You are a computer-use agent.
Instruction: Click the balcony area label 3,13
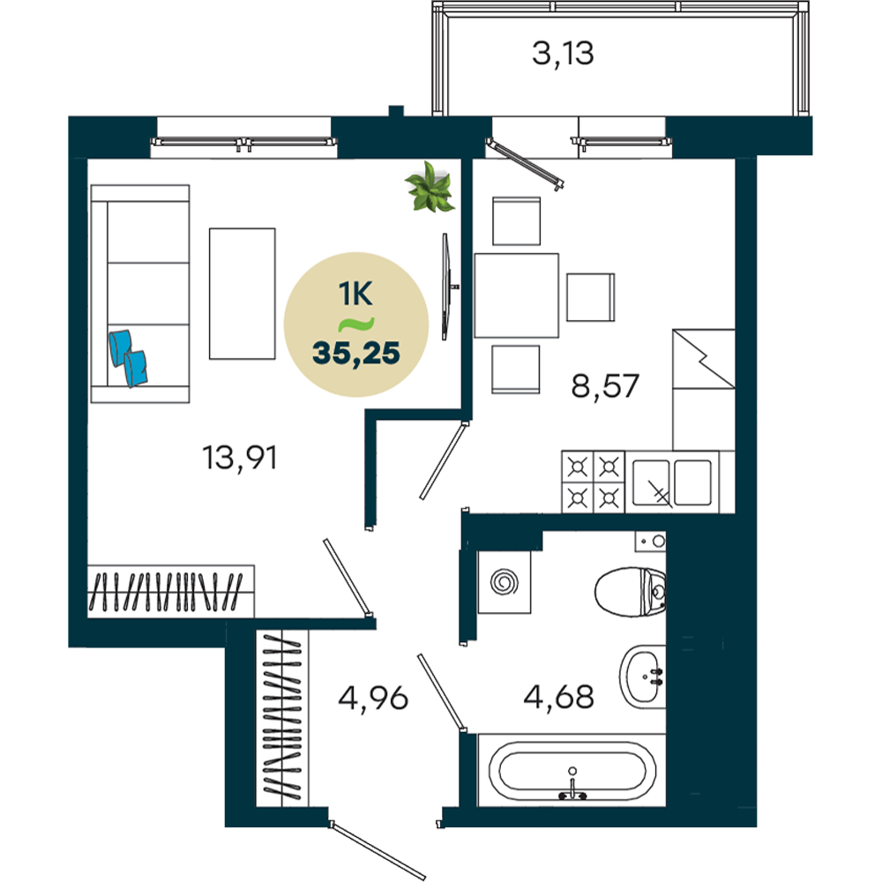563,54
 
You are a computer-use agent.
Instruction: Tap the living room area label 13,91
240,457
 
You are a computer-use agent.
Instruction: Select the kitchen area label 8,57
605,386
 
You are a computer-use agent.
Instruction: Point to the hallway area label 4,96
373,698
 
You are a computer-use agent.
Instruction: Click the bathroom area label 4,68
558,697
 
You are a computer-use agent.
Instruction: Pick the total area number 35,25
356,354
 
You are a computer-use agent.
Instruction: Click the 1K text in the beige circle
355,294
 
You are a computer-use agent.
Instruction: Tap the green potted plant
430,187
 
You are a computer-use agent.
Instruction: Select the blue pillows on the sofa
128,358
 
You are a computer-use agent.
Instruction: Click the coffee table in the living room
243,294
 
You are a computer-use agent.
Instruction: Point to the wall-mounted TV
446,287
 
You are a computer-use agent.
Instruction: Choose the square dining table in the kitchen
516,295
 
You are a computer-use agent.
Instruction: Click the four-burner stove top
593,482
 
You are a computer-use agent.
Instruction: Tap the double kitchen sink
672,482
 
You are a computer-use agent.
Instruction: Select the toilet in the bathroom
631,592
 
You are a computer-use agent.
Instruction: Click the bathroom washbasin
643,676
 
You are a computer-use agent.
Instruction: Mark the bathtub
572,771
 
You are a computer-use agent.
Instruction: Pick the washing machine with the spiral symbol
504,582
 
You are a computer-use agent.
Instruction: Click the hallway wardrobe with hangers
282,718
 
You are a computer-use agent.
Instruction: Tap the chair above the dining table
516,221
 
